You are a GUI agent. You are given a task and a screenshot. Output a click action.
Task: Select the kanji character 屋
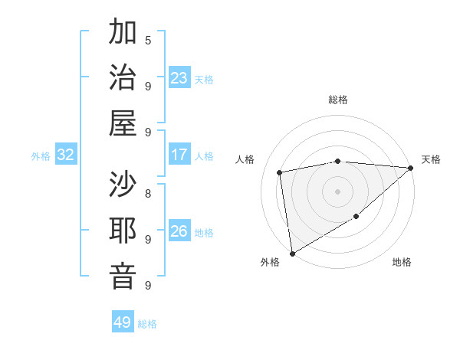click(x=123, y=123)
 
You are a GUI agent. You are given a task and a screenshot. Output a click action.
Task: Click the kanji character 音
click(x=123, y=276)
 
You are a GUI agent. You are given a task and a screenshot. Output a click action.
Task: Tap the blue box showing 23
click(x=179, y=77)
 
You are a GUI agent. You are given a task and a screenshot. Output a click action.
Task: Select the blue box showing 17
click(x=179, y=155)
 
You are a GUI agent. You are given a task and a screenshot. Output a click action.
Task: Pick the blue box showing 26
click(x=179, y=231)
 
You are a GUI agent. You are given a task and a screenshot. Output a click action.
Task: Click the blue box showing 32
click(x=65, y=155)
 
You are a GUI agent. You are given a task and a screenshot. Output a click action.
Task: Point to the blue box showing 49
click(x=123, y=322)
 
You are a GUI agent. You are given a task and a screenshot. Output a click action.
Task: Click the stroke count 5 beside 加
click(x=148, y=40)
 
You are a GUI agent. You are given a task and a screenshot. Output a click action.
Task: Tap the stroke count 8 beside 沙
click(x=148, y=193)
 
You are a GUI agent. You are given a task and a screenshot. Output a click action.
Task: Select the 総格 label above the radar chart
click(x=337, y=100)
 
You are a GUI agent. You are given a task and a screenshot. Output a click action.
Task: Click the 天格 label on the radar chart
click(x=431, y=159)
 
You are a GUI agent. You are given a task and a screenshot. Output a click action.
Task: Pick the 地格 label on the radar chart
click(x=402, y=262)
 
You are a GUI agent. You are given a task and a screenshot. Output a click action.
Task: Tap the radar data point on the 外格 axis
click(x=292, y=253)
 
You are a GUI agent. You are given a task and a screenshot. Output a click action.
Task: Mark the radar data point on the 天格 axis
click(x=411, y=168)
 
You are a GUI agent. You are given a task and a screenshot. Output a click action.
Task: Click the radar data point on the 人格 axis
click(x=281, y=172)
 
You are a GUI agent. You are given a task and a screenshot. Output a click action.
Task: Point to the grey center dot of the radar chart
click(x=337, y=191)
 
